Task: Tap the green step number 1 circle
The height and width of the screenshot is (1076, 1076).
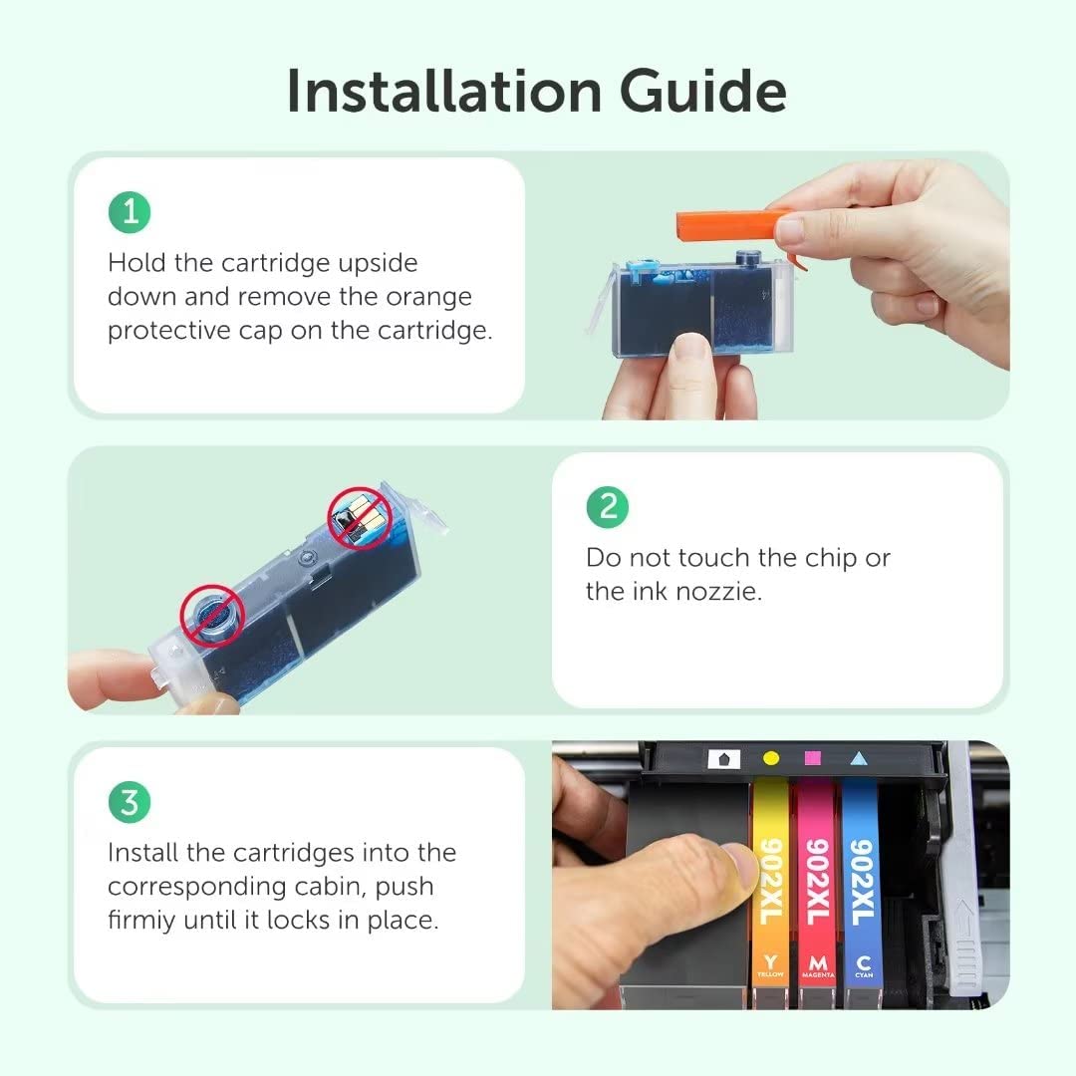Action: pos(130,212)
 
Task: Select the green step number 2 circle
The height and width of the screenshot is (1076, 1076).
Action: pos(608,507)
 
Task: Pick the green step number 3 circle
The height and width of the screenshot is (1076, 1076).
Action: pos(130,802)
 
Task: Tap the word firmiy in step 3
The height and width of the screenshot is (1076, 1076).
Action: pos(141,921)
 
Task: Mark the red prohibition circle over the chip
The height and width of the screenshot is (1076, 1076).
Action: pos(360,518)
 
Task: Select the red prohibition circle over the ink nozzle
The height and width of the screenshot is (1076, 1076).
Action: pos(213,616)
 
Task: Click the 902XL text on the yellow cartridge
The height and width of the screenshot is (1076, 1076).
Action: pos(771,881)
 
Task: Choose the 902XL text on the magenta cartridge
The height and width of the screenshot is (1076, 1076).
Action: pos(817,881)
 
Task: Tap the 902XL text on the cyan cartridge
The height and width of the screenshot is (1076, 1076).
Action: pos(862,881)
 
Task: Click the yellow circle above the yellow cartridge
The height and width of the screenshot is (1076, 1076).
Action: pos(771,758)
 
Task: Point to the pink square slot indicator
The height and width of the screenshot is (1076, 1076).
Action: pos(813,758)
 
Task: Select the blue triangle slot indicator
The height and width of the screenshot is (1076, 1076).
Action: pos(859,758)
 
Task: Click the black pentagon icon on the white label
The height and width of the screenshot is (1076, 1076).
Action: pos(723,759)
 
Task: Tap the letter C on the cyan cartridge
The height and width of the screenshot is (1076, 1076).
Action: pos(864,962)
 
